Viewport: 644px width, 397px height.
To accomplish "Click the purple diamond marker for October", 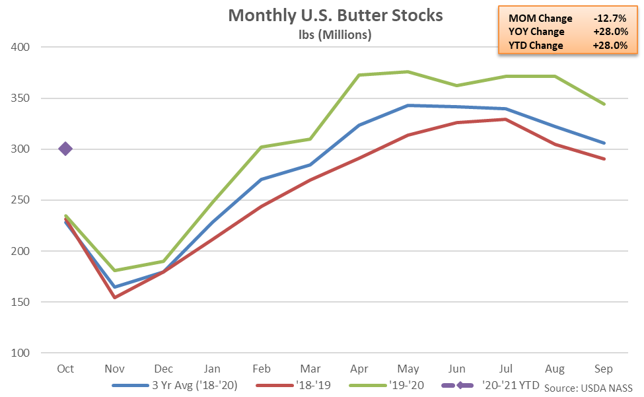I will click(x=65, y=149).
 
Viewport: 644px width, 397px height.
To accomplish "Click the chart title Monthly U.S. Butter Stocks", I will click(x=336, y=15).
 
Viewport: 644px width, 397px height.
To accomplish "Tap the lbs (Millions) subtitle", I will click(x=336, y=35).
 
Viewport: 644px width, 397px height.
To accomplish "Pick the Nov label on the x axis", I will click(x=114, y=369).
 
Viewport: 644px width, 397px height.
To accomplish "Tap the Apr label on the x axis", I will click(x=359, y=369).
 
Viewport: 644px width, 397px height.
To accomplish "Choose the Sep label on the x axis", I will click(x=604, y=369).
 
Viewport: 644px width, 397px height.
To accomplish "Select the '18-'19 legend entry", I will click(x=304, y=384).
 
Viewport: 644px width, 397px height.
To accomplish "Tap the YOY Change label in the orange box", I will click(x=537, y=32).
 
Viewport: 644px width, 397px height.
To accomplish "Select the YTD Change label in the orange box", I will click(x=536, y=46).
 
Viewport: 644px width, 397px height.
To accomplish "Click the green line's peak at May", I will click(x=408, y=72).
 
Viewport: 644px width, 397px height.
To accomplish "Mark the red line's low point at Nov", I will click(x=114, y=297).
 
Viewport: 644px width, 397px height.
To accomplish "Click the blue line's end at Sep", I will click(x=604, y=143).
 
